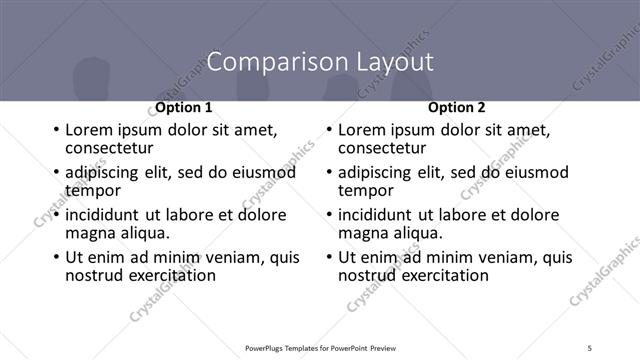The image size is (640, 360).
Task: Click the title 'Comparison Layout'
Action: point(320,62)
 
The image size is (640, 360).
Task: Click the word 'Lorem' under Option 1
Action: point(90,130)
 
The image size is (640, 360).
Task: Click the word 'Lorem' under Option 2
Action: point(363,130)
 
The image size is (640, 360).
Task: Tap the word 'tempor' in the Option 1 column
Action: point(93,190)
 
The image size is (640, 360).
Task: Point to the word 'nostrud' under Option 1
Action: point(94,274)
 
